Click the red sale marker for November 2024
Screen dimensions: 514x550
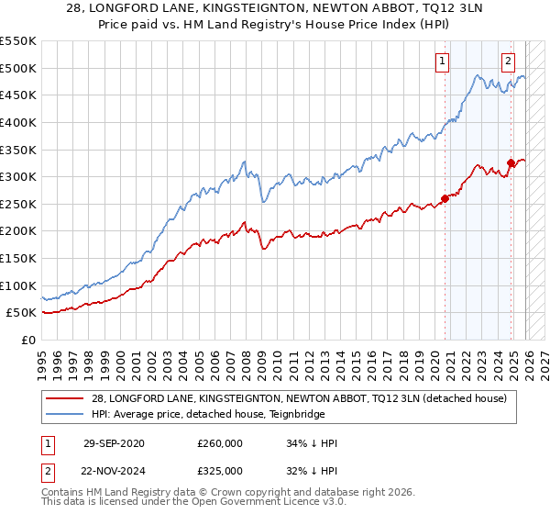tap(511, 163)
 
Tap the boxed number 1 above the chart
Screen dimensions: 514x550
tap(442, 61)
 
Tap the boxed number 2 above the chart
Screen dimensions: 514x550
tap(508, 61)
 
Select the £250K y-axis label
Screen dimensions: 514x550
tap(18, 204)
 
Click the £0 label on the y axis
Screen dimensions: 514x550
tap(29, 340)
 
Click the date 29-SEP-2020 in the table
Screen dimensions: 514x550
tap(112, 443)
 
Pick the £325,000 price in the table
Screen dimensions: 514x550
tap(220, 470)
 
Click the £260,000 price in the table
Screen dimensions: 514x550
tap(220, 443)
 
